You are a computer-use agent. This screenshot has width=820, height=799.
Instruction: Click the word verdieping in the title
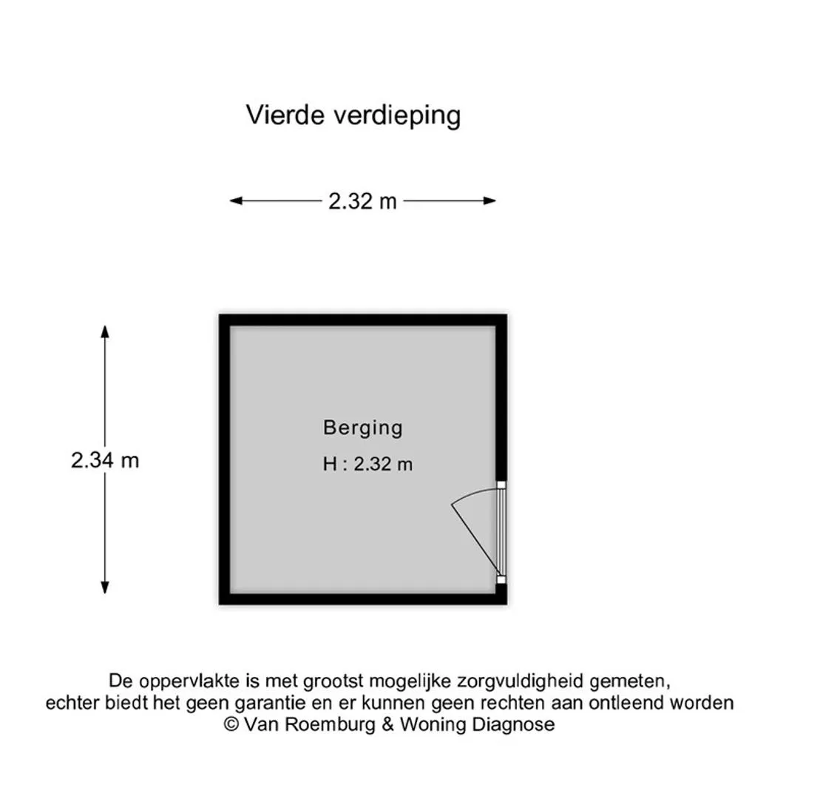(398, 116)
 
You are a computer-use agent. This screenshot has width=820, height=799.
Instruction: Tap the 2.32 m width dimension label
(362, 201)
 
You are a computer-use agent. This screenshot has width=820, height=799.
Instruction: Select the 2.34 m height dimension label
(105, 460)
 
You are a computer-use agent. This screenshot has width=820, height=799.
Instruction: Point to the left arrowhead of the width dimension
(236, 200)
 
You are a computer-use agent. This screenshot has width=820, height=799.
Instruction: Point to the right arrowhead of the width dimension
(489, 200)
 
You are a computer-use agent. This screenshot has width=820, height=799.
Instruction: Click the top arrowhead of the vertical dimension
(105, 331)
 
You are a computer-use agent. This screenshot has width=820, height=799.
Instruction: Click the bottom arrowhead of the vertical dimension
(105, 587)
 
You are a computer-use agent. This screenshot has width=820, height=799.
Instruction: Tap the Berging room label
(363, 428)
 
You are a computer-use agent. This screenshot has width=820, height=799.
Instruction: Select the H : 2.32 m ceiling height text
(367, 464)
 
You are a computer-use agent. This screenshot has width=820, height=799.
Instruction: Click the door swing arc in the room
(472, 494)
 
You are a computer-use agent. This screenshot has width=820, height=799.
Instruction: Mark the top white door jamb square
(501, 485)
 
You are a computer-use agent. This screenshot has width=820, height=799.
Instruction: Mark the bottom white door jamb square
(501, 580)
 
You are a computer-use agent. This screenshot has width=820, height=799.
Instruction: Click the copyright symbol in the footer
(231, 725)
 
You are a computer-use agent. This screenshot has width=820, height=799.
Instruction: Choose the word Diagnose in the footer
(513, 725)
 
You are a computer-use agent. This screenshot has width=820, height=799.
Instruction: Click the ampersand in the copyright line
(387, 725)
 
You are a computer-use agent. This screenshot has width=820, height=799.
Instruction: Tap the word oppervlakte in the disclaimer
(192, 682)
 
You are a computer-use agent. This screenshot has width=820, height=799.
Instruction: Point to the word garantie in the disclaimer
(270, 704)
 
